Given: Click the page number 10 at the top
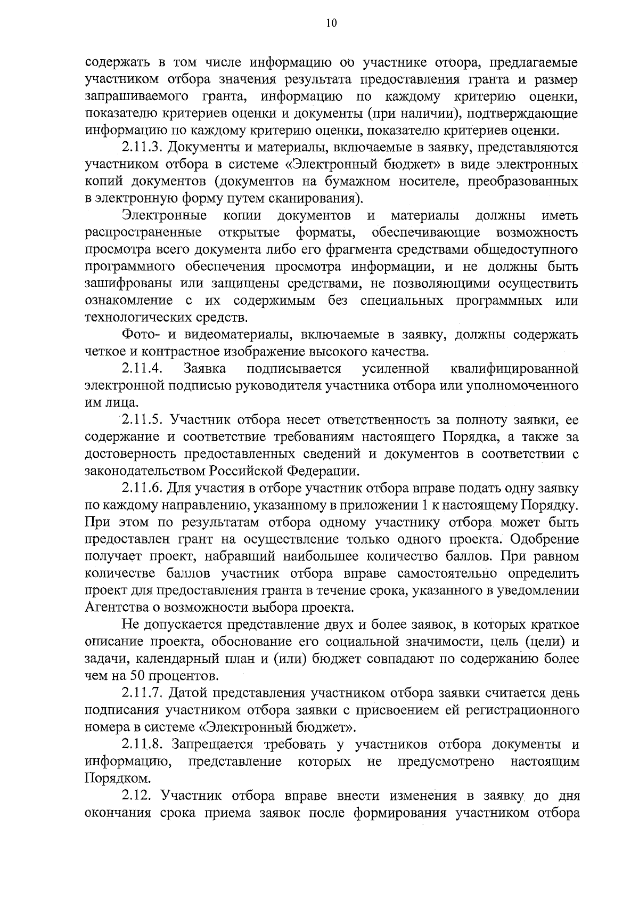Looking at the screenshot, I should tap(331, 23).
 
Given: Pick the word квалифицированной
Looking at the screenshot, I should tap(514, 368).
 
